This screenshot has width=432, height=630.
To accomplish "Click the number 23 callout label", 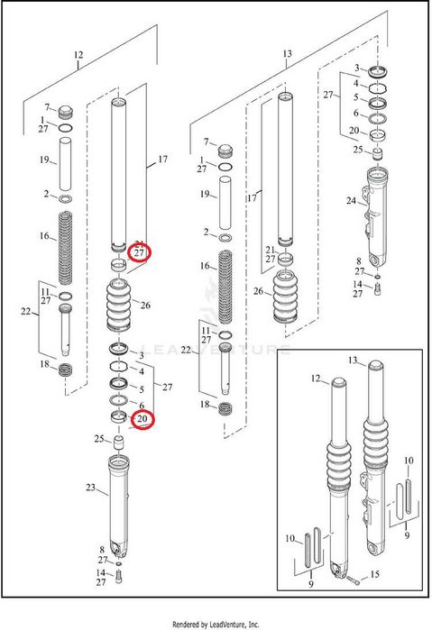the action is click(90, 487).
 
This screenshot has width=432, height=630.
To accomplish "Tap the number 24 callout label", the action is click(351, 200).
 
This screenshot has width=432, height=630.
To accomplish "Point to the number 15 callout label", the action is click(374, 574).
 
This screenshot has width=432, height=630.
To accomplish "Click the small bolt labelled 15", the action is click(354, 580).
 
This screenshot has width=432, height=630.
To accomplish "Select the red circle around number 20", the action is click(143, 420).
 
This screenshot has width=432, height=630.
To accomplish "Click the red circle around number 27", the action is click(139, 252).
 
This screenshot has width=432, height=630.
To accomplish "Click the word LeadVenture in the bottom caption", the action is click(227, 624).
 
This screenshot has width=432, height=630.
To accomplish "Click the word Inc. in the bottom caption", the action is click(253, 624).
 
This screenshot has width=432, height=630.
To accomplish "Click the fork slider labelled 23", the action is click(119, 507).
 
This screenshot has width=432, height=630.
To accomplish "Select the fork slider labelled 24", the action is click(377, 217).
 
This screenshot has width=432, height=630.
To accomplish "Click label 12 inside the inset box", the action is click(316, 379).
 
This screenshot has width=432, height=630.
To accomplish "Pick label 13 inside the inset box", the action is click(353, 361).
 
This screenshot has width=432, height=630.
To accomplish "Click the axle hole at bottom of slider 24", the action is click(377, 260).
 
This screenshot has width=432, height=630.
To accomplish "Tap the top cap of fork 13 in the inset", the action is click(376, 366).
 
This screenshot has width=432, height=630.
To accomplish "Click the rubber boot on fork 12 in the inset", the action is click(338, 466).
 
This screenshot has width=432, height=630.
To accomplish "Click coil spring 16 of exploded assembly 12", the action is click(66, 248).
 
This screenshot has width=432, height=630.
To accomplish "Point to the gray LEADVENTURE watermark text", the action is click(216, 349).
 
